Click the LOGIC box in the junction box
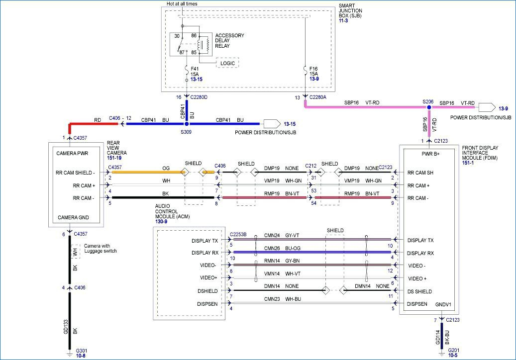point(227,63)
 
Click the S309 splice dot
point(187,124)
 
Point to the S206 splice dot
point(429,107)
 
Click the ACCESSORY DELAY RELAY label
point(230,41)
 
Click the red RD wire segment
point(93,124)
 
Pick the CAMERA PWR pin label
point(72,154)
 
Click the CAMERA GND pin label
point(73,217)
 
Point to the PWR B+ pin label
point(430,154)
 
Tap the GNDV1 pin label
point(443,304)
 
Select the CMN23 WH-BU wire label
point(282,299)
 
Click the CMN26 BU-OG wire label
point(282,249)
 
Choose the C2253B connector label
point(238,234)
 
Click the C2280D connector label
point(199,97)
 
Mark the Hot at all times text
point(182,4)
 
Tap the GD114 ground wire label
point(438,337)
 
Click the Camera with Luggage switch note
point(101,248)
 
